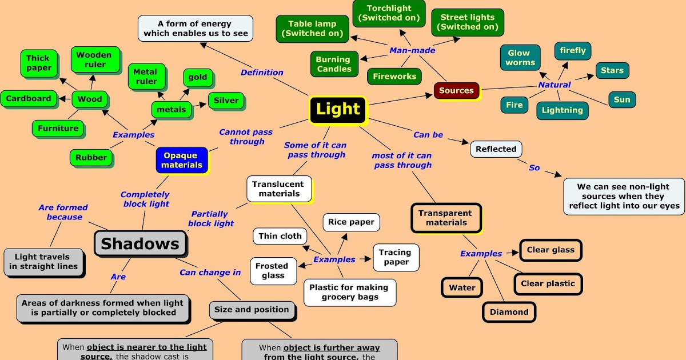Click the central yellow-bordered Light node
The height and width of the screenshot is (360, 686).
[338, 110]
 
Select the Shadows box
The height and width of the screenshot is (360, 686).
[140, 244]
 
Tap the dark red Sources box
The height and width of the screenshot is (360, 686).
[456, 90]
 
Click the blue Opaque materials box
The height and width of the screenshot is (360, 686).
[182, 160]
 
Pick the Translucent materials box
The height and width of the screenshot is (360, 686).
[279, 189]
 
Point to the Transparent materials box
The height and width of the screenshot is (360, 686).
[446, 218]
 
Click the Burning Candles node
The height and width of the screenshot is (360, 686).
[334, 64]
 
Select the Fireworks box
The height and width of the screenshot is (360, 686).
[394, 76]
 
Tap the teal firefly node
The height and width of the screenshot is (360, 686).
[573, 50]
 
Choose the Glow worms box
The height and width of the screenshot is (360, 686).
[520, 58]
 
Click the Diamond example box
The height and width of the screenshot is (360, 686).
[509, 312]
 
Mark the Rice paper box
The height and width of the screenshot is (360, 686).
[352, 222]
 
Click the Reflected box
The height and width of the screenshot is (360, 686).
[496, 149]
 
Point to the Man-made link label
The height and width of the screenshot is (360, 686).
[412, 50]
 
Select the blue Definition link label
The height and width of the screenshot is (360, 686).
[262, 73]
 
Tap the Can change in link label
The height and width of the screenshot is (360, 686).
[210, 273]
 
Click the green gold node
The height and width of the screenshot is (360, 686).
[198, 77]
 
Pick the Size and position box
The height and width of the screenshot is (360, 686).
[252, 310]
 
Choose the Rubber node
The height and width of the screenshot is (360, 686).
[91, 158]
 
